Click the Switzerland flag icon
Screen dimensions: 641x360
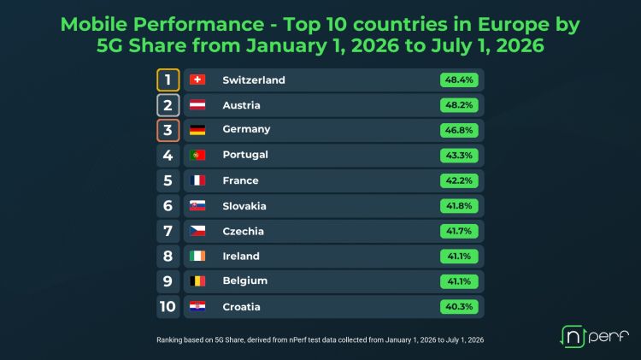[197, 80]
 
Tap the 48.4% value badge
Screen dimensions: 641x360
[459, 80]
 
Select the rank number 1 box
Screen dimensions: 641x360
[168, 80]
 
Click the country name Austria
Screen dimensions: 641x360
[241, 105]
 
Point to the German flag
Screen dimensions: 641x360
[197, 130]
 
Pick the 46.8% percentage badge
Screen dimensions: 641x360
[459, 130]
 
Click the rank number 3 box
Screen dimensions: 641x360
[168, 131]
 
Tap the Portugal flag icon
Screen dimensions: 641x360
[197, 156]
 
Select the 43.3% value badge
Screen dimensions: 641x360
[459, 156]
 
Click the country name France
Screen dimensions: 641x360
[240, 180]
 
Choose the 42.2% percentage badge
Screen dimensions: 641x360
[459, 180]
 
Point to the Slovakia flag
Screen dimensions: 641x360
[197, 206]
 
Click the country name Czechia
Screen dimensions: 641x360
[244, 231]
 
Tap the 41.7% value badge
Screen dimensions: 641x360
[459, 231]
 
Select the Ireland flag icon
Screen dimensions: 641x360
[197, 256]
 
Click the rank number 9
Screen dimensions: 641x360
[168, 281]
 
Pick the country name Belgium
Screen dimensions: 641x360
[245, 281]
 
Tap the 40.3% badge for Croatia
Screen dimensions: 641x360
[459, 307]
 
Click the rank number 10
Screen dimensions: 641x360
[168, 307]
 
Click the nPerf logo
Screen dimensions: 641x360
[594, 336]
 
